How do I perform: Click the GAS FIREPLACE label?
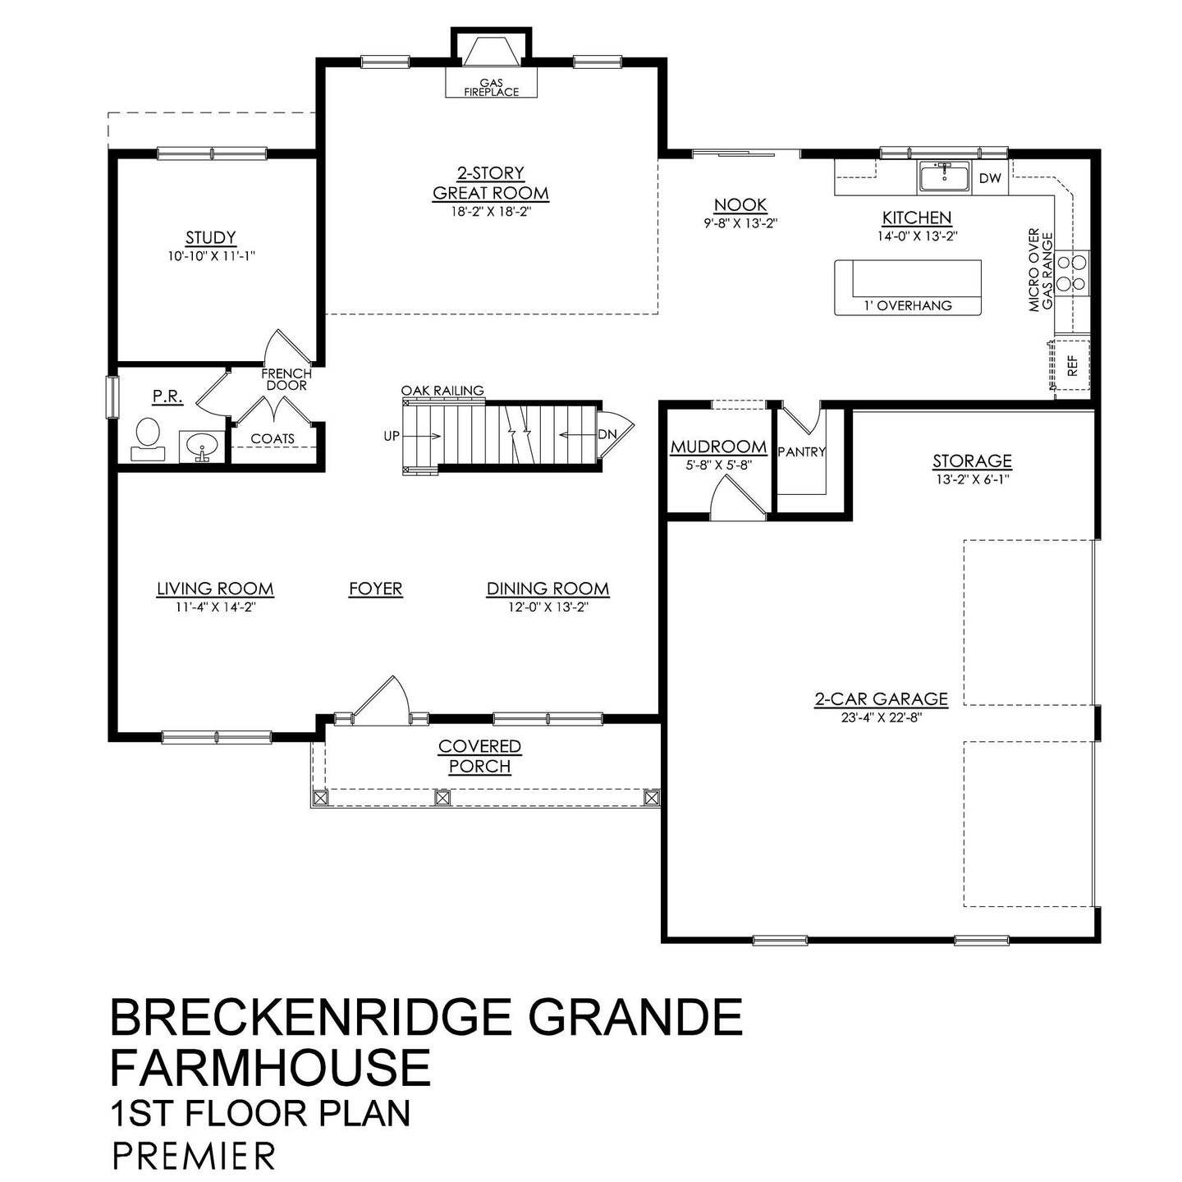click(x=492, y=88)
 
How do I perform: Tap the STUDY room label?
click(x=211, y=238)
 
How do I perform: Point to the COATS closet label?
click(x=272, y=439)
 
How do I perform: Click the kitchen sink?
click(x=944, y=177)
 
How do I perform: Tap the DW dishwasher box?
click(x=990, y=178)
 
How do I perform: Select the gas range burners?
click(x=1071, y=273)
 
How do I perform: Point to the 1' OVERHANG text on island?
click(x=908, y=305)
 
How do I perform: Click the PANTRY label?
click(x=801, y=451)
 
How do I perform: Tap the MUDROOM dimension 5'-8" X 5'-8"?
click(x=718, y=464)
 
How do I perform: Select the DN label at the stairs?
click(x=607, y=434)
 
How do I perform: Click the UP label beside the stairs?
click(x=392, y=436)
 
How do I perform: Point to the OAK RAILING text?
click(x=442, y=391)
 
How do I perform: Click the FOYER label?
click(x=375, y=589)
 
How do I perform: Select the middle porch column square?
click(x=442, y=796)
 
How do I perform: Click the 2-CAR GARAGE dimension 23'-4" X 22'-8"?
click(x=881, y=716)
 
